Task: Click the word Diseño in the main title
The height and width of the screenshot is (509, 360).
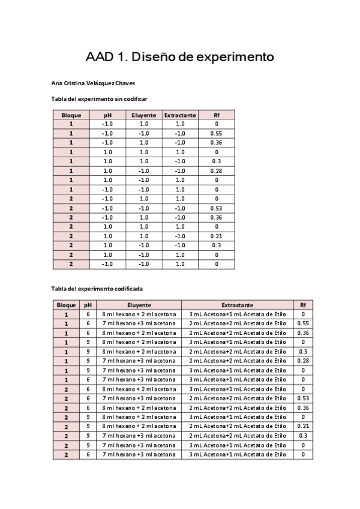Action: click(x=151, y=58)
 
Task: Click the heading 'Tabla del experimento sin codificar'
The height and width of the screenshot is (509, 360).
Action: click(x=100, y=98)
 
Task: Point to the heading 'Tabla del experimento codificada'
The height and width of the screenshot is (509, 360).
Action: click(x=97, y=288)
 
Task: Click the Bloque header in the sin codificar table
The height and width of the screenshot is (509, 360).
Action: click(x=71, y=115)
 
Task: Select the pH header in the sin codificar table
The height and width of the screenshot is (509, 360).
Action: click(x=107, y=115)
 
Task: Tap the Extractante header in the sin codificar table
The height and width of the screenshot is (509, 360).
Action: click(x=180, y=115)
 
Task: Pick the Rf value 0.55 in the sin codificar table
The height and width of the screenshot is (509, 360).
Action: click(x=217, y=133)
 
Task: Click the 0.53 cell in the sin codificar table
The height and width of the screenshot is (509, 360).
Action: click(x=217, y=208)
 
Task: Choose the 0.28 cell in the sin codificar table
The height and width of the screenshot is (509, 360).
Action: click(x=217, y=171)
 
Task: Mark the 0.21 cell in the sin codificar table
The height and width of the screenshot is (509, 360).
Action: click(x=217, y=236)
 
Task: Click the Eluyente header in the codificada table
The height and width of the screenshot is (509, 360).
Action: click(x=139, y=305)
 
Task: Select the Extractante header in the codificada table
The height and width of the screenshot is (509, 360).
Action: click(x=238, y=305)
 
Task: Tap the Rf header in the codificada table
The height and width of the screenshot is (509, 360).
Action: click(x=303, y=305)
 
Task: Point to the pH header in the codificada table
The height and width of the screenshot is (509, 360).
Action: click(x=88, y=305)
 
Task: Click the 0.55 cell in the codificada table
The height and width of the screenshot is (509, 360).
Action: click(x=303, y=324)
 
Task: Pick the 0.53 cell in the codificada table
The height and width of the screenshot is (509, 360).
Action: click(x=303, y=398)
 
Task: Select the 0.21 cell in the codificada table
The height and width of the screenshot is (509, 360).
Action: click(x=303, y=426)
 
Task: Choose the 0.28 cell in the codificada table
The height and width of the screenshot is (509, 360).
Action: click(x=303, y=361)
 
